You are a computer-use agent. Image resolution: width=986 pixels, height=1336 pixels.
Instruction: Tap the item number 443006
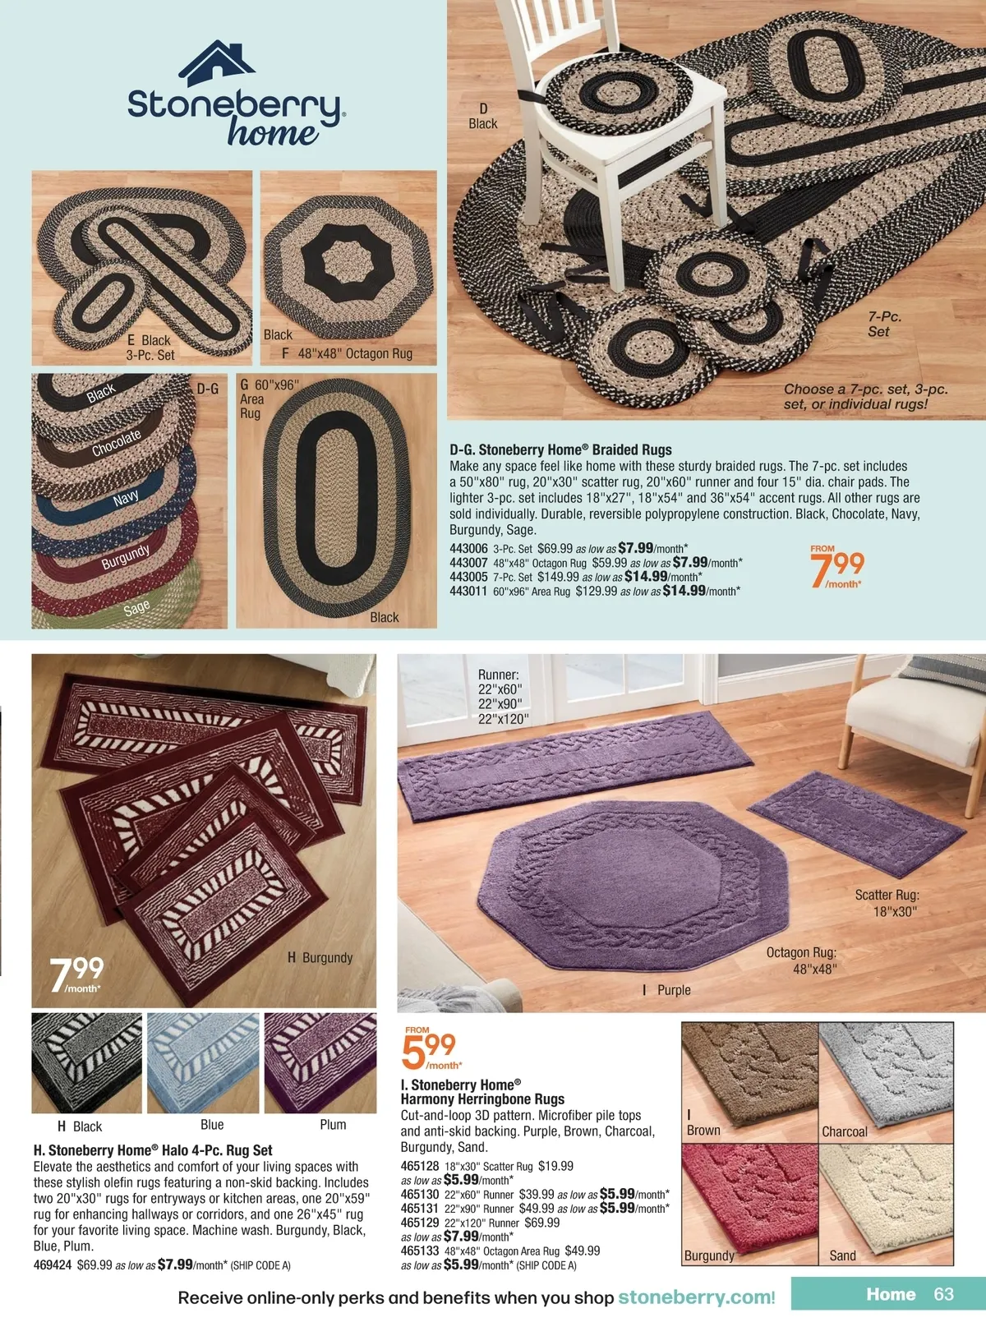point(468,549)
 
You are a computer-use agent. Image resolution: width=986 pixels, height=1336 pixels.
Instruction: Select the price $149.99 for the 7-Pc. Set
point(558,577)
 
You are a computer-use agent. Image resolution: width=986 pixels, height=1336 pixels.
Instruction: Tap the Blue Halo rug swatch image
point(203,1062)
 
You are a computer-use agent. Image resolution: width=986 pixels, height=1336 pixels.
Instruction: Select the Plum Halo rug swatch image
point(320,1062)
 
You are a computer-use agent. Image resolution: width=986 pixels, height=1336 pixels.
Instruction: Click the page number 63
point(944,1294)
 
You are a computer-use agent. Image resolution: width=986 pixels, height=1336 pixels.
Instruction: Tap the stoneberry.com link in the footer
point(693,1297)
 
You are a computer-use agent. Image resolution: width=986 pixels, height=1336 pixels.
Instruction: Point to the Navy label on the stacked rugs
point(126,498)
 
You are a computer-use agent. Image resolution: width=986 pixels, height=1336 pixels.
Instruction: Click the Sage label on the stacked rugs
point(136,608)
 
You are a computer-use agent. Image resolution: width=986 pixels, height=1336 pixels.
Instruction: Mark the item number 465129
point(420,1222)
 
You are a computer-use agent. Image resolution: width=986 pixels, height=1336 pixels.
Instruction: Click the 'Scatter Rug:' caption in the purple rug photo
point(887,895)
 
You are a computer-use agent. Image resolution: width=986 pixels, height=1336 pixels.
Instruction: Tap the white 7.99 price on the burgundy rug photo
point(76,975)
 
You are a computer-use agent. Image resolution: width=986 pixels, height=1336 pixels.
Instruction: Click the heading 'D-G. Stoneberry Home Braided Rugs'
point(560,449)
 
